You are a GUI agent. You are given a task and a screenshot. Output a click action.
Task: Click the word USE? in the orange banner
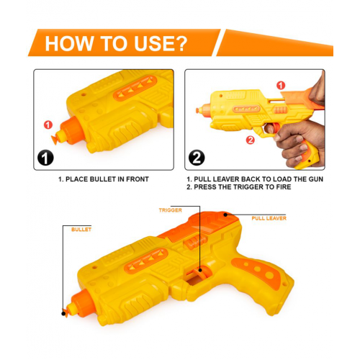tap(161, 43)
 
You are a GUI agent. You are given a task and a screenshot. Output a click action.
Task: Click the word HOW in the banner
tap(69, 43)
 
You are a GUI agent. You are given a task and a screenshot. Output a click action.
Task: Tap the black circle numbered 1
tap(45, 158)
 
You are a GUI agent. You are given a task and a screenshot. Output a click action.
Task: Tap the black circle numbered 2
tap(197, 158)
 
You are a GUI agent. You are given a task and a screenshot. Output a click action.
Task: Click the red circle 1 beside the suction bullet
tap(48, 125)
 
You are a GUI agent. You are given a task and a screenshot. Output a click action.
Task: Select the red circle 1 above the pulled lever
tap(281, 86)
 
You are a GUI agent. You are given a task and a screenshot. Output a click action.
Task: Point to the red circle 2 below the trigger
tap(250, 140)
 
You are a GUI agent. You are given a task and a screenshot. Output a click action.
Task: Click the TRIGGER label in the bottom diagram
tap(171, 210)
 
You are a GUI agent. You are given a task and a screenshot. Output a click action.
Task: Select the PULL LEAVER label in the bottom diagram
tap(269, 218)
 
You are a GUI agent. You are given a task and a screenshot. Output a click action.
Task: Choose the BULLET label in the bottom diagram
tap(81, 230)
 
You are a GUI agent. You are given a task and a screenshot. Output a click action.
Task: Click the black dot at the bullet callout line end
tap(63, 313)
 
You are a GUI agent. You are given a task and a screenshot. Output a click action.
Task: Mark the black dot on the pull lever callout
tap(225, 215)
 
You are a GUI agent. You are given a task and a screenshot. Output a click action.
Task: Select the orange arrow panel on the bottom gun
tap(145, 261)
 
